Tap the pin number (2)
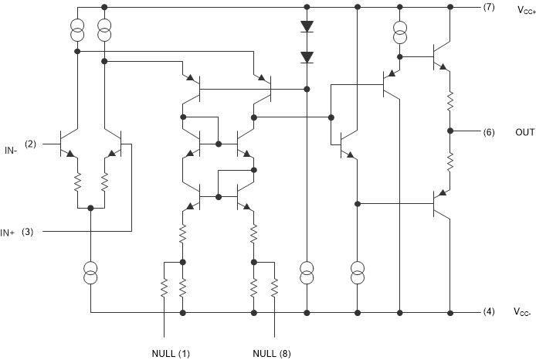click(x=31, y=144)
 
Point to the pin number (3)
click(x=27, y=232)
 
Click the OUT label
click(x=524, y=132)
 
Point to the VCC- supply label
click(x=523, y=314)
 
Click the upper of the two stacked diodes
click(x=307, y=25)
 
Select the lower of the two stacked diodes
click(x=307, y=57)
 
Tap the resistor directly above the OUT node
click(x=450, y=100)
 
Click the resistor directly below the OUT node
click(x=450, y=161)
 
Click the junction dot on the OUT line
click(x=450, y=131)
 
